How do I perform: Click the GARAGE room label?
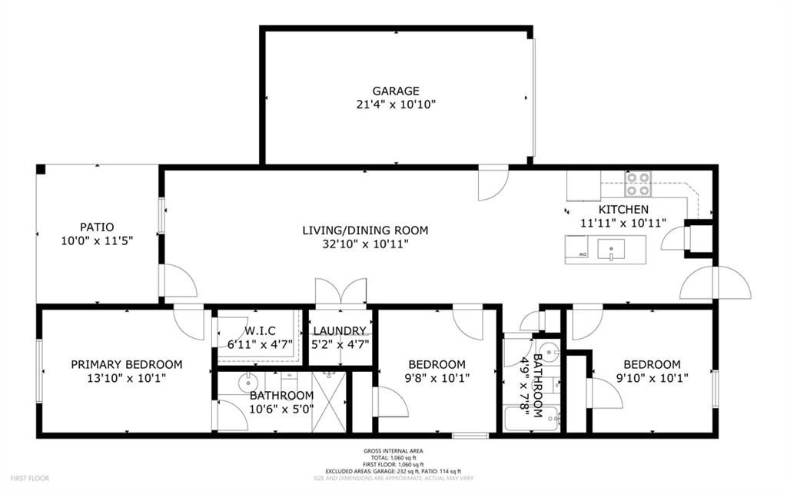(x=396, y=91)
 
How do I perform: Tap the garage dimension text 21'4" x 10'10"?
(x=396, y=105)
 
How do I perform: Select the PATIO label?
(x=97, y=227)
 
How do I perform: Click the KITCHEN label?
(x=623, y=209)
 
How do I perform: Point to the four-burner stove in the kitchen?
(x=637, y=184)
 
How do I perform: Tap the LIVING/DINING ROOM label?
(x=364, y=230)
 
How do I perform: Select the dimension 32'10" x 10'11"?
(x=364, y=244)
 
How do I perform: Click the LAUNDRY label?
(x=340, y=331)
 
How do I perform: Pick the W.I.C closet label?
(x=260, y=331)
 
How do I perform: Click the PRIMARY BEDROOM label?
(x=126, y=364)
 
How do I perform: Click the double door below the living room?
(x=340, y=294)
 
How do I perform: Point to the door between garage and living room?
(x=493, y=183)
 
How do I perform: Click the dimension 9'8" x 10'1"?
(x=437, y=378)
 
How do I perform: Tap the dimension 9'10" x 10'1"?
(x=652, y=378)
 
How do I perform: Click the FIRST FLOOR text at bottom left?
(x=28, y=478)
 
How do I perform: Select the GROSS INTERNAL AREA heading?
(x=393, y=451)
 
